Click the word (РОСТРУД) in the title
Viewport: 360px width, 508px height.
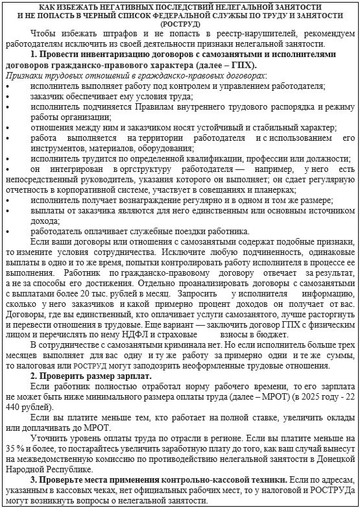(x=180, y=23)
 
